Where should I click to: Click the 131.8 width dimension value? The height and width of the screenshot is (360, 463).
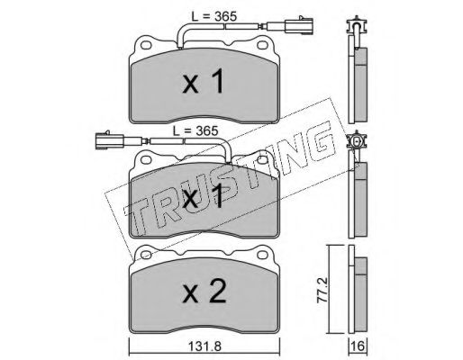(204, 346)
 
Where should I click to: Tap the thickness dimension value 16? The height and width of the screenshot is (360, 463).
(359, 346)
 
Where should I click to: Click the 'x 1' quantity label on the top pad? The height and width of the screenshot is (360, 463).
(204, 81)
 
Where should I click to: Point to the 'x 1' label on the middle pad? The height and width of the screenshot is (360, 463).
(204, 196)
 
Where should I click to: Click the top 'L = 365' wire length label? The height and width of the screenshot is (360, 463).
(214, 17)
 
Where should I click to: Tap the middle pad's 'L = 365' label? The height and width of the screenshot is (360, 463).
(195, 130)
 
